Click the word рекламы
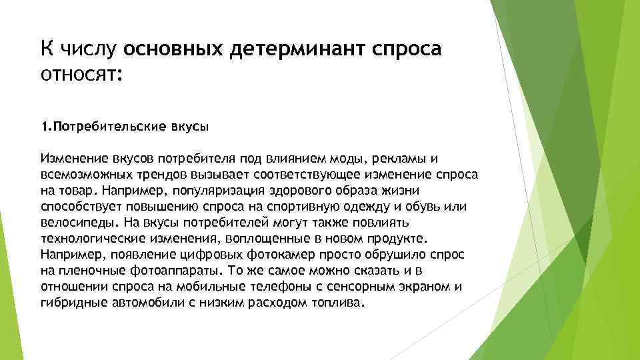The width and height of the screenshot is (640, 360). coord(403,159)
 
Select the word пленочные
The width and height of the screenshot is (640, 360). coord(86,271)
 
